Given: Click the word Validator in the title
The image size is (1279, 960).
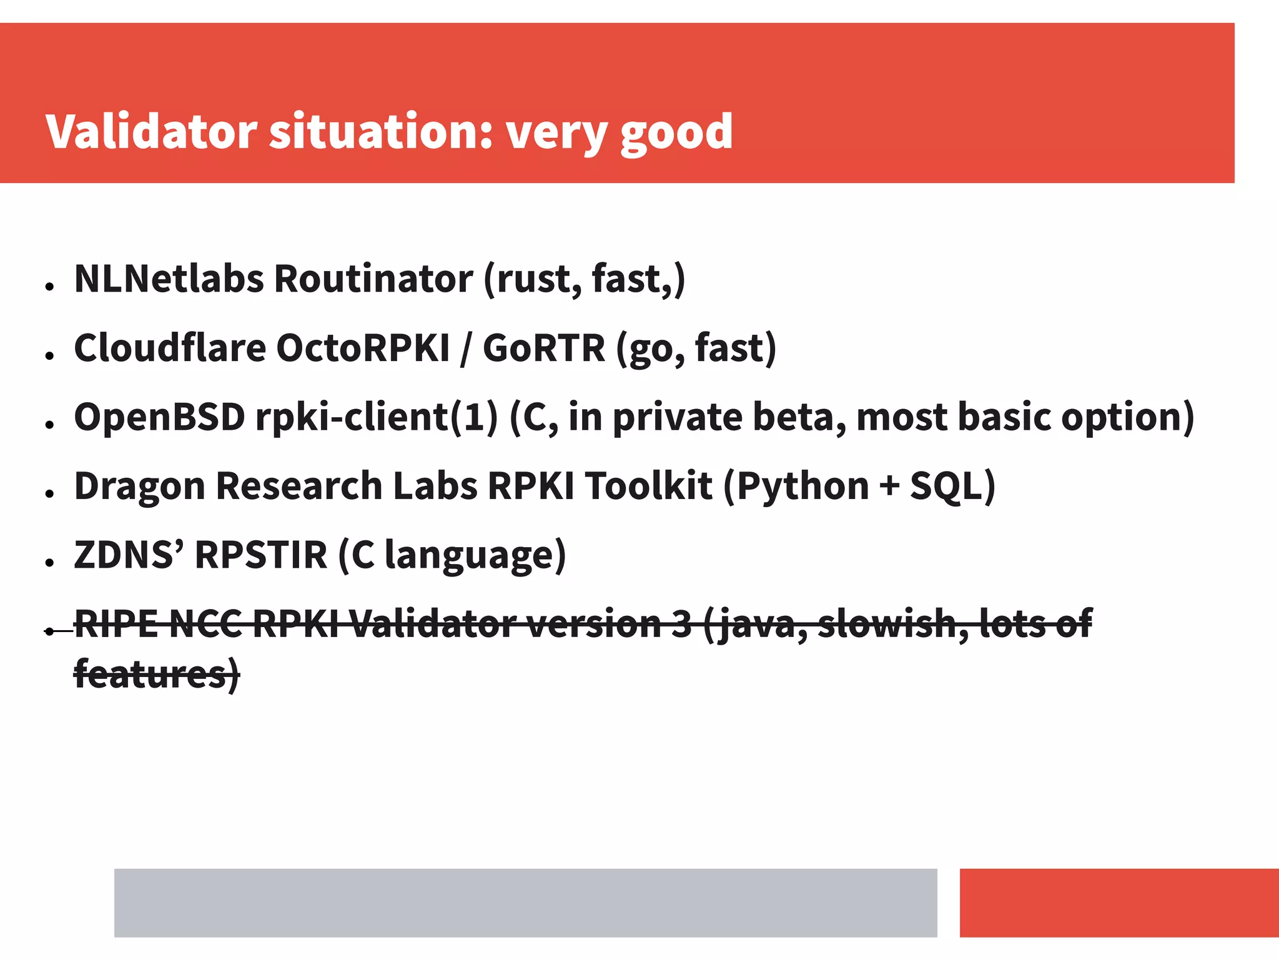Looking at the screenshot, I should point(151,132).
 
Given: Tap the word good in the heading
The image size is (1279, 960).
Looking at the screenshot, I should point(676,133).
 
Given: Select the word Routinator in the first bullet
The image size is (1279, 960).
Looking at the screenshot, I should point(373,279).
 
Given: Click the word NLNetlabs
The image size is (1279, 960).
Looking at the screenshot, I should point(169,279).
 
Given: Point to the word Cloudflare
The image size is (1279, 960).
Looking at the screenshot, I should point(170,348).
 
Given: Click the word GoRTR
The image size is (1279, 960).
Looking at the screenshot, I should point(543,348).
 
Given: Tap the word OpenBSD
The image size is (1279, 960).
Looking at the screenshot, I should point(160,417).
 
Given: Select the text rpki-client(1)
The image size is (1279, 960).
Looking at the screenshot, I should point(377,417).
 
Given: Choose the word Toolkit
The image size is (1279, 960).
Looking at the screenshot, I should point(648,487).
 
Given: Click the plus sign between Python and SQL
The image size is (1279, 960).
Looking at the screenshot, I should point(889,487).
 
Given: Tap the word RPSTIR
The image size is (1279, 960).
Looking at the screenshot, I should point(260,555).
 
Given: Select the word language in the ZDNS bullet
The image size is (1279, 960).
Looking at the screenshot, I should point(475,556).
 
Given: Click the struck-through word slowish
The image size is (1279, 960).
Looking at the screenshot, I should point(893,624).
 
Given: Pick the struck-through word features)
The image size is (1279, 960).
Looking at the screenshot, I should point(157,675).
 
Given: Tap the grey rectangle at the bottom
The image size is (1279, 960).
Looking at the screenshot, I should point(525,903).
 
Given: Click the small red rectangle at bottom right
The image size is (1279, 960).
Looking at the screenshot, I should point(1119,903).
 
